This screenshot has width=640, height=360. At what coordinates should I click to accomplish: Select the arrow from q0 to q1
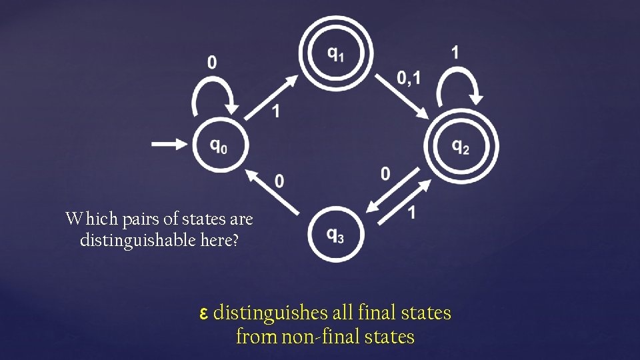click(x=271, y=97)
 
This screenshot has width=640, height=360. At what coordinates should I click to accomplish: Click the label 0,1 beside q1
click(x=409, y=79)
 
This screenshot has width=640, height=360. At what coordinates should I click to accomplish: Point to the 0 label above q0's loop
click(x=211, y=63)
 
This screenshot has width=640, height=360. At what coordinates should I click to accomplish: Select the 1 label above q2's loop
click(x=455, y=53)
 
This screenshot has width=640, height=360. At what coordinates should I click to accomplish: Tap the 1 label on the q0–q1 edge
click(x=275, y=111)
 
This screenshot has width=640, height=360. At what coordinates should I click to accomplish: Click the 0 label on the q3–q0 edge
click(x=279, y=181)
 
